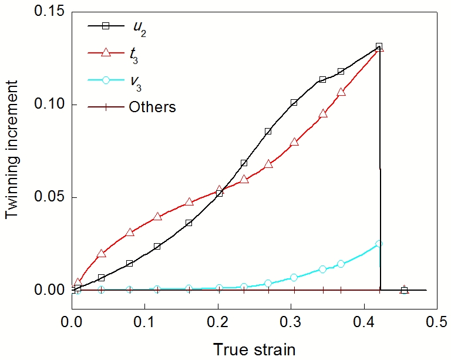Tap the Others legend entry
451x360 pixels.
point(152,107)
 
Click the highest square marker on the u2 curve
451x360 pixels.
point(379,46)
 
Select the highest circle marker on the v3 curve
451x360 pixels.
point(379,243)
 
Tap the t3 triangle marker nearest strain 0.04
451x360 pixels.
point(101,254)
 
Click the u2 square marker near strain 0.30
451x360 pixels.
point(294,103)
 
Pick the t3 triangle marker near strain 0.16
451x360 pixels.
point(189,202)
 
